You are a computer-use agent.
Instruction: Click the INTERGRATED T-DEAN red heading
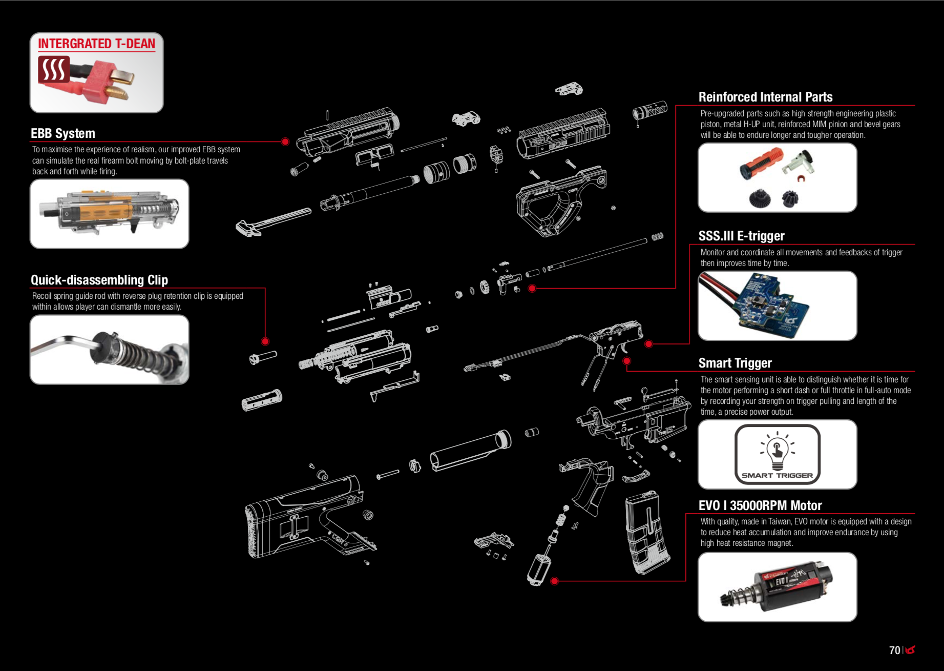96,44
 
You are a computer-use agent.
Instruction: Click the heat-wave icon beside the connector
53,69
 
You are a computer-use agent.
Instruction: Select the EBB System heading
63,133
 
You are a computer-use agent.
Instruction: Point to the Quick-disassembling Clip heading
99,280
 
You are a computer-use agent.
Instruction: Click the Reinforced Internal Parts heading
765,97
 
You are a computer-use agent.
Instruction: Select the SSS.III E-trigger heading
741,236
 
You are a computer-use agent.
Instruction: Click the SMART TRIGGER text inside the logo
777,475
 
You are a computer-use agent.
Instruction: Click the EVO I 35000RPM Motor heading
760,505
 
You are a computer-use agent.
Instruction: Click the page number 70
894,650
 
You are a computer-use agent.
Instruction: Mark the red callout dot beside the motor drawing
554,581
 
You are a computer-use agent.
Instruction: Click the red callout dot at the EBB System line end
285,141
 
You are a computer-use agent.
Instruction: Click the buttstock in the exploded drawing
302,518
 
